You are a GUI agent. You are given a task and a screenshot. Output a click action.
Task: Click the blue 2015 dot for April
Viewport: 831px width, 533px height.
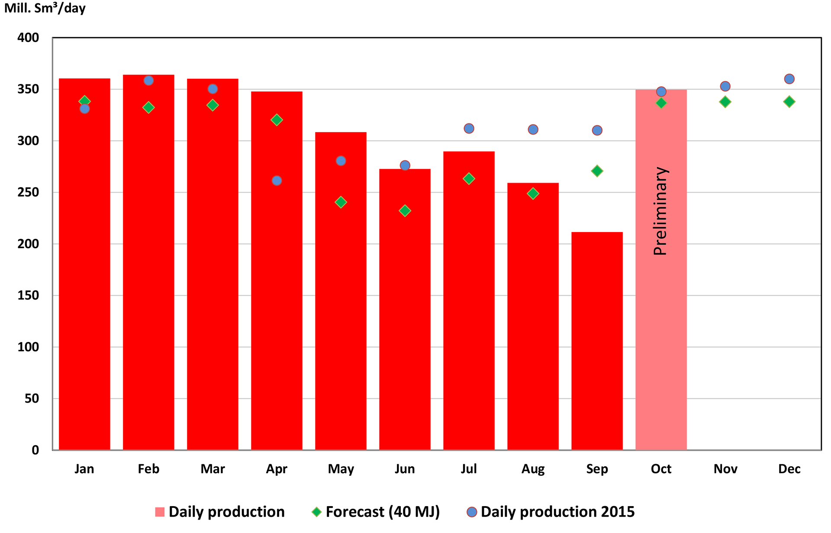pyautogui.click(x=277, y=181)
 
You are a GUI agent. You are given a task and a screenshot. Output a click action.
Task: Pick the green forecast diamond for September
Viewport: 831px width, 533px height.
pyautogui.click(x=597, y=171)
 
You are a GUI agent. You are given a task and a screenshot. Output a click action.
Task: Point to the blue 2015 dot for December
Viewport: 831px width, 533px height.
pyautogui.click(x=789, y=79)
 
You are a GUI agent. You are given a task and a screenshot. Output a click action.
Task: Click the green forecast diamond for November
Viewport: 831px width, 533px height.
pyautogui.click(x=725, y=102)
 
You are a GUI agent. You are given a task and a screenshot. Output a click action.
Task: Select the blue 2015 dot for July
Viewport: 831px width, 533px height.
pyautogui.click(x=469, y=129)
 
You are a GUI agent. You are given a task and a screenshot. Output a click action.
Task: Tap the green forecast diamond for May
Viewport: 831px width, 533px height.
pyautogui.click(x=341, y=202)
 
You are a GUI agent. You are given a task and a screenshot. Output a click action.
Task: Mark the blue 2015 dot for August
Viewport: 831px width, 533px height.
pyautogui.click(x=533, y=129)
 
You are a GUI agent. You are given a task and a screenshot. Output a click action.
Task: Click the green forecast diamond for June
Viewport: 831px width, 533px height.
pyautogui.click(x=405, y=211)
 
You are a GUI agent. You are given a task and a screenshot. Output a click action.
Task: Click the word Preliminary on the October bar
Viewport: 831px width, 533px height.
pyautogui.click(x=660, y=211)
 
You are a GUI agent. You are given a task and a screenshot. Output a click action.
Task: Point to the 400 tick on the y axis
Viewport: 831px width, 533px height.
pyautogui.click(x=28, y=38)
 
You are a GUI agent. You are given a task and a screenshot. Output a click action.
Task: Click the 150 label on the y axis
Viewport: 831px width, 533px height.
pyautogui.click(x=28, y=295)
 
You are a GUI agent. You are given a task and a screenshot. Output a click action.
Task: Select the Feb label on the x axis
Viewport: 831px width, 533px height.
pyautogui.click(x=148, y=469)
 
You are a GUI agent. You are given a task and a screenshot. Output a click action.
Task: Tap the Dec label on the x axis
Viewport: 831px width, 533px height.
pyautogui.click(x=789, y=469)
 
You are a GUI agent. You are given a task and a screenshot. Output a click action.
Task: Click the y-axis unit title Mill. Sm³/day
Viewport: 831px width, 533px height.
pyautogui.click(x=45, y=8)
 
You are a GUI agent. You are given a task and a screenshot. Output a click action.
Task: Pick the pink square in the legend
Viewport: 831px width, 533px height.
pyautogui.click(x=160, y=512)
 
